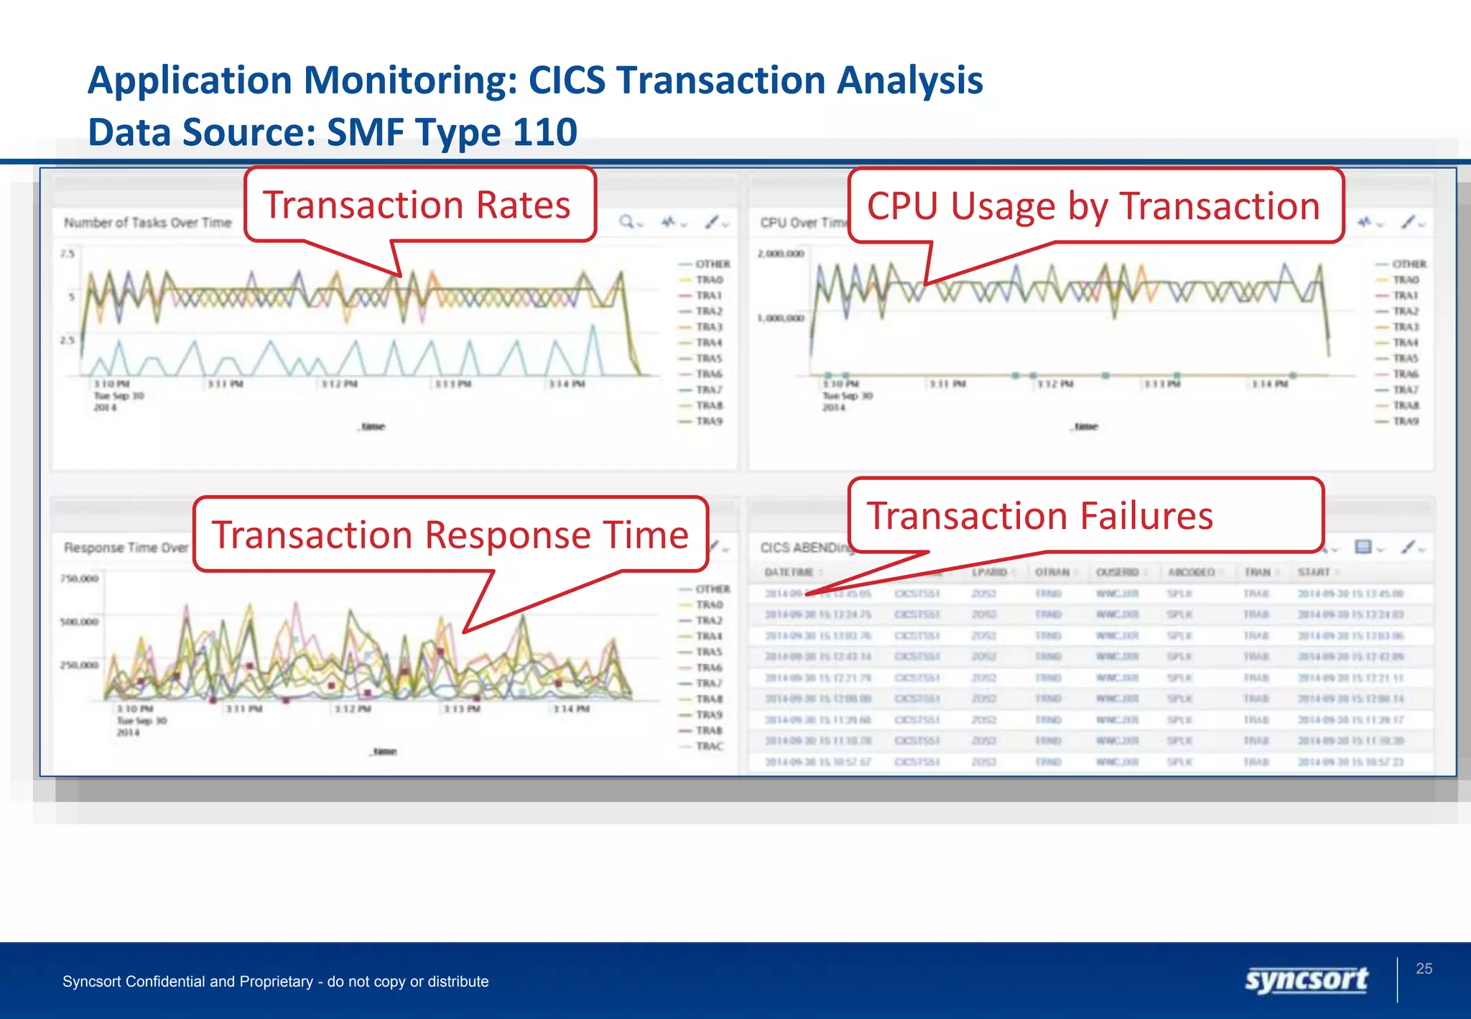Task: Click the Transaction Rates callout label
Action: tap(417, 206)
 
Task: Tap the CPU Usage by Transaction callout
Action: tap(1093, 206)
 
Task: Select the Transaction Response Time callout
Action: tap(450, 535)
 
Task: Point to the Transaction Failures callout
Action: tap(1040, 516)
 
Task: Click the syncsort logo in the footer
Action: tap(1307, 980)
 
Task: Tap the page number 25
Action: tap(1424, 969)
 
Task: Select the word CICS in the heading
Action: tap(567, 80)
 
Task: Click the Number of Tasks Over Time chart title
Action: tap(148, 223)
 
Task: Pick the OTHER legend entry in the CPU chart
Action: tap(1409, 264)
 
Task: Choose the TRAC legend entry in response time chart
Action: tap(709, 746)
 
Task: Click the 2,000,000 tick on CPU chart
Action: tap(781, 254)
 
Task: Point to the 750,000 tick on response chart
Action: tap(79, 578)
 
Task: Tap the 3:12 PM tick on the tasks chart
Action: tap(339, 384)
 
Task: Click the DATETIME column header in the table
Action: tap(789, 572)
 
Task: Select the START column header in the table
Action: tap(1314, 572)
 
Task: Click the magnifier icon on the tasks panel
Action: tap(627, 222)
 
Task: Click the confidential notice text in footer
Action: tap(275, 982)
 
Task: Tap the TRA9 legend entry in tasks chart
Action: tap(709, 421)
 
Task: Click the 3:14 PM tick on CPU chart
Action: tap(1269, 384)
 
